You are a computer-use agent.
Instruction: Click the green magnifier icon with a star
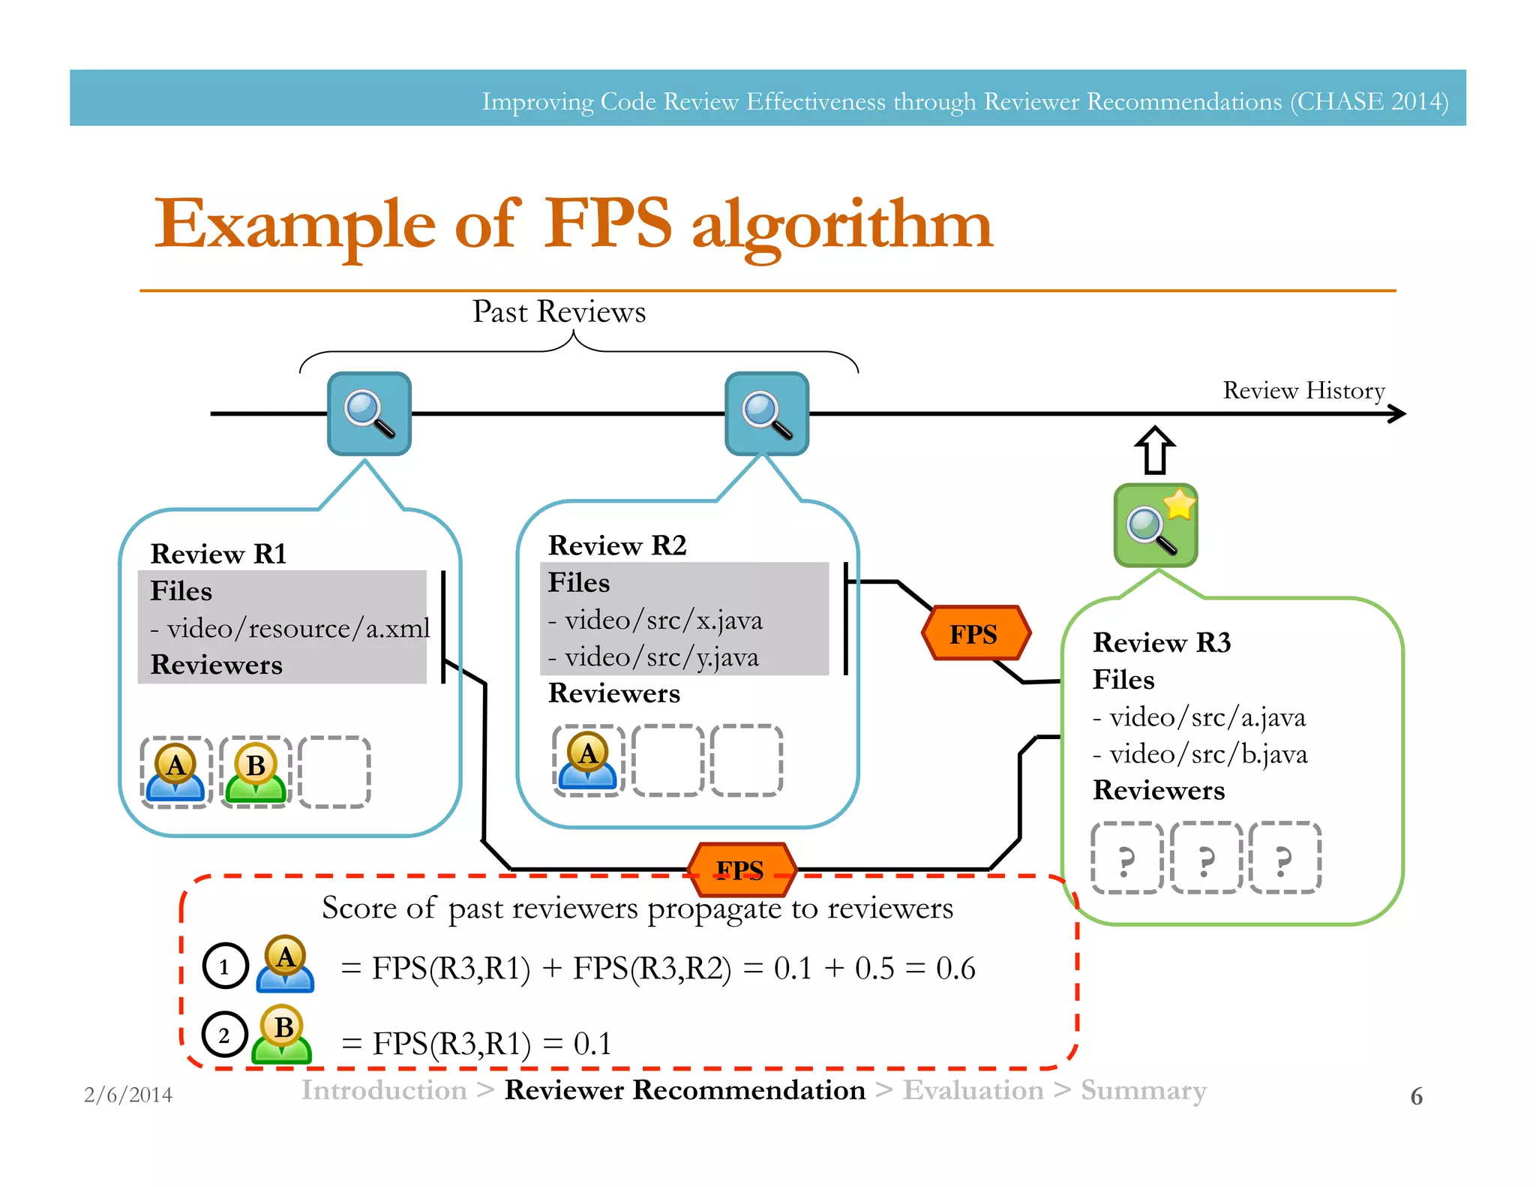(1155, 525)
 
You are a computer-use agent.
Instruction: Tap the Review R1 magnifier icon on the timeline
(369, 413)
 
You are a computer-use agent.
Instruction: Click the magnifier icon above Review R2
(766, 413)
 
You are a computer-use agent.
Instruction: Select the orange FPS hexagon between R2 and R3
(975, 634)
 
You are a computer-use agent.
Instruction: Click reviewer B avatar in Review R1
(256, 772)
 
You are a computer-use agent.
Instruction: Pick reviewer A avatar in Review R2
(588, 760)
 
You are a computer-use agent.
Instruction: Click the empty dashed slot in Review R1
(334, 772)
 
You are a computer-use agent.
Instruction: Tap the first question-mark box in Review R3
(1126, 858)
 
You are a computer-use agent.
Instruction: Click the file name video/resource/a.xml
(298, 628)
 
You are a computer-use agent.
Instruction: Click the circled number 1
(225, 966)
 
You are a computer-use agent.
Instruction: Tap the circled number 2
(224, 1035)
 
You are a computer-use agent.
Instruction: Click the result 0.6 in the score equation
(955, 968)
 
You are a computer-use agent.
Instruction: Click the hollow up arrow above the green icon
(1155, 450)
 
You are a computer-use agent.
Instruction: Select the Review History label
(1303, 390)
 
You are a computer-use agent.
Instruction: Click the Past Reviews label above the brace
(559, 312)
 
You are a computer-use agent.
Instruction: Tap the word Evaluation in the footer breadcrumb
(973, 1090)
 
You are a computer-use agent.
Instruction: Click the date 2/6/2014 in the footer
(128, 1095)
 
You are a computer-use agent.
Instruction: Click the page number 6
(1416, 1096)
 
